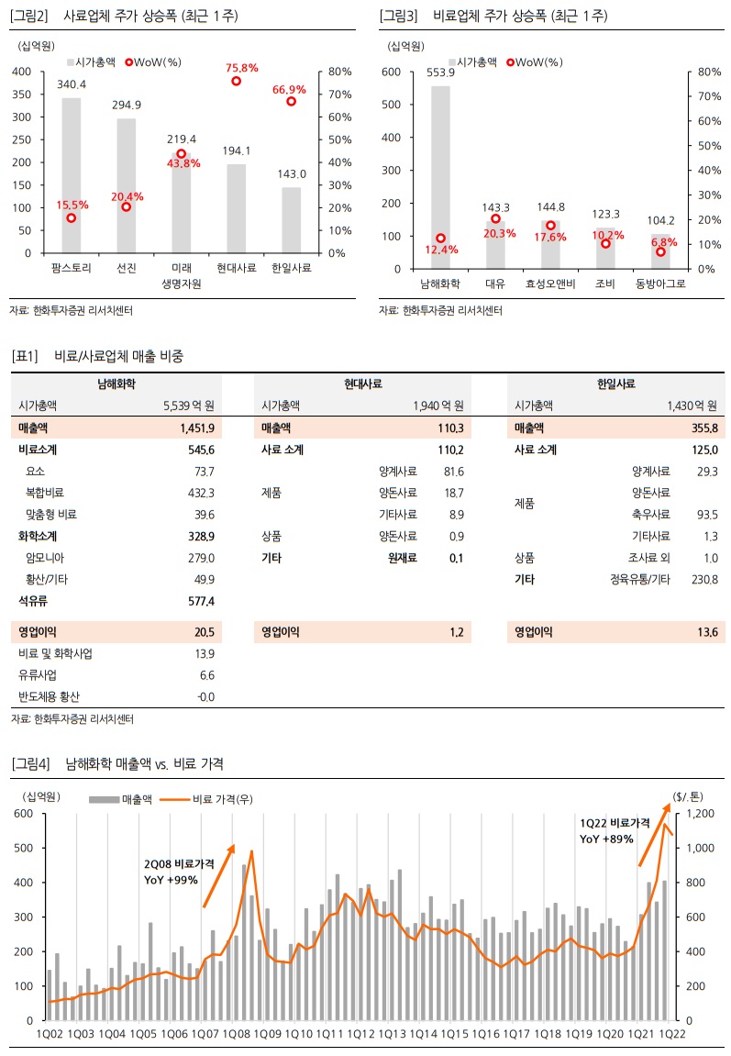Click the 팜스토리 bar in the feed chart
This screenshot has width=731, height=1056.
click(71, 174)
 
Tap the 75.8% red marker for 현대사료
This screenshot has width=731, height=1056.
click(236, 81)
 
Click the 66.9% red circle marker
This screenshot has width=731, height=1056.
click(291, 101)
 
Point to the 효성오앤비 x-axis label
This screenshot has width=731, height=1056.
click(550, 283)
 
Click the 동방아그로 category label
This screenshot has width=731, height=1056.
click(660, 283)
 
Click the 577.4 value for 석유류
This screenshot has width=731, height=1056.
click(200, 600)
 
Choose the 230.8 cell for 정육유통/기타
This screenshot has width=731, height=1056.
click(703, 579)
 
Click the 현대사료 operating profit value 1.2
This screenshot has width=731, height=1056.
click(456, 632)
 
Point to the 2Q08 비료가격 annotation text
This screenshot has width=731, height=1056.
click(179, 864)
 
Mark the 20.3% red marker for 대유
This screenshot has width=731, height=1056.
click(496, 218)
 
